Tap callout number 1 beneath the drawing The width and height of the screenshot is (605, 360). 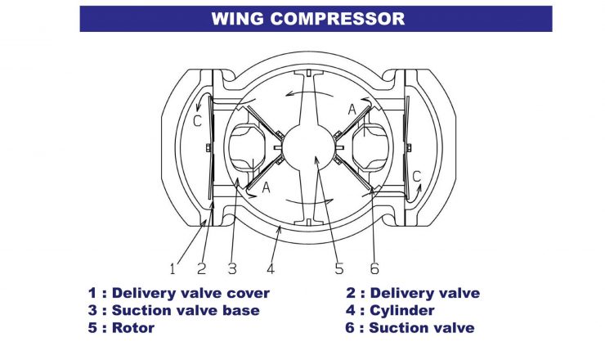pos(173,268)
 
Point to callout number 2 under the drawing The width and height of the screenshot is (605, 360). pos(201,268)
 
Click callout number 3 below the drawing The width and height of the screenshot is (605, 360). pos(231,268)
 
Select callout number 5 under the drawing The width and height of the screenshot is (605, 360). pos(338,268)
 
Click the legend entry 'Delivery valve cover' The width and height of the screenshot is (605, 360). pos(179,293)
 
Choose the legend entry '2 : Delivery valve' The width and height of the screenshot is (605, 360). pos(413,293)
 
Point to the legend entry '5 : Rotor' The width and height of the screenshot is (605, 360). pos(122,328)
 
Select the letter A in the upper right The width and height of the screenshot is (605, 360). pos(352,110)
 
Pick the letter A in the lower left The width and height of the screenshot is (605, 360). pos(266,187)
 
